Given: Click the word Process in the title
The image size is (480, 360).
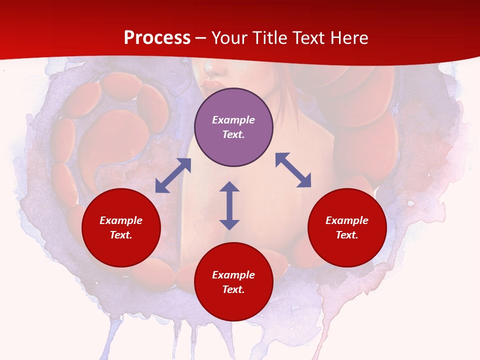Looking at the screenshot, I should pyautogui.click(x=157, y=38).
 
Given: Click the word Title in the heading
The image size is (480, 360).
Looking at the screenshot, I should pyautogui.click(x=269, y=38).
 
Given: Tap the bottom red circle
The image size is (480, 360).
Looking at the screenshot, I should pyautogui.click(x=233, y=305).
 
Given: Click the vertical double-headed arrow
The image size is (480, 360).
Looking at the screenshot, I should pyautogui.click(x=229, y=205).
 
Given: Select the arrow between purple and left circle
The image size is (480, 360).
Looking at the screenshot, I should pyautogui.click(x=173, y=175).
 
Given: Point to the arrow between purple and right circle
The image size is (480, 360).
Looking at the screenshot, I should pyautogui.click(x=293, y=170).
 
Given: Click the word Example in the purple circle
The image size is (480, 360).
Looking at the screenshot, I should pyautogui.click(x=233, y=120).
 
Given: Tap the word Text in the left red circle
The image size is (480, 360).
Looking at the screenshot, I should pyautogui.click(x=121, y=235).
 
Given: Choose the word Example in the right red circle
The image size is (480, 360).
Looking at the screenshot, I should pyautogui.click(x=347, y=220).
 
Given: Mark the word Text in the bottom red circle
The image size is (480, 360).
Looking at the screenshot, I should pyautogui.click(x=233, y=289).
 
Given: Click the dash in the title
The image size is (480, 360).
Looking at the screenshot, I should pyautogui.click(x=201, y=38).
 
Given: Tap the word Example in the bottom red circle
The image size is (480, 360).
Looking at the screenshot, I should pyautogui.click(x=233, y=275).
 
